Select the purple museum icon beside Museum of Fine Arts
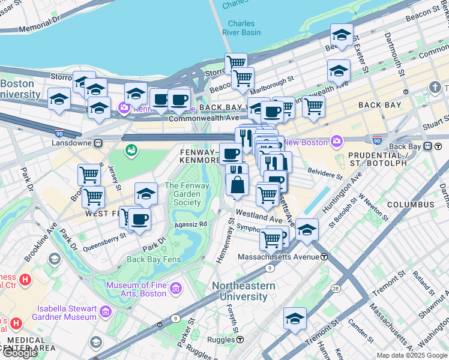pyautogui.click(x=176, y=289)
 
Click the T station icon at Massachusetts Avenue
pyautogui.click(x=324, y=257)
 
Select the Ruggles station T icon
pyautogui.click(x=240, y=340)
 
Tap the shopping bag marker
pyautogui.click(x=238, y=184)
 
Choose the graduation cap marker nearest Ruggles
pyautogui.click(x=295, y=317)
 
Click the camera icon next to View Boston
pyautogui.click(x=336, y=142)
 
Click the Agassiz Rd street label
pyautogui.click(x=191, y=224)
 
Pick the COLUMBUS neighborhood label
pyautogui.click(x=410, y=205)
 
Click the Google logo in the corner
pyautogui.click(x=20, y=352)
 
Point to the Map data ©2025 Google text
pyautogui.click(x=412, y=355)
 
